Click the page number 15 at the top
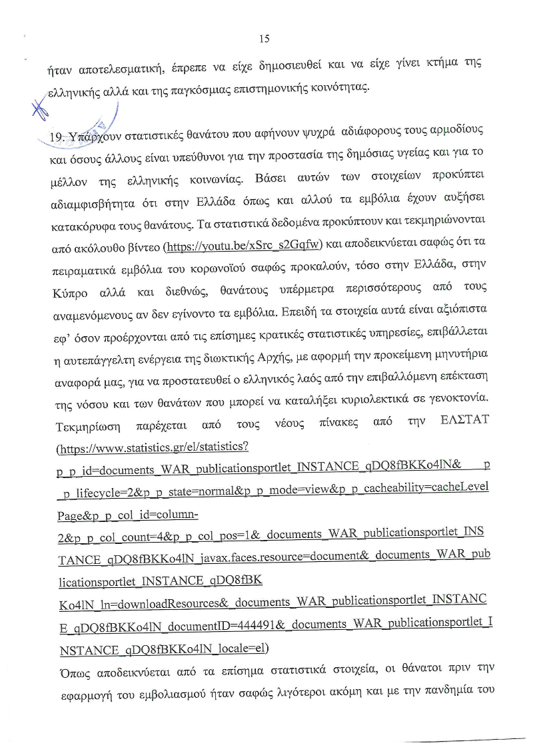pyautogui.click(x=264, y=39)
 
